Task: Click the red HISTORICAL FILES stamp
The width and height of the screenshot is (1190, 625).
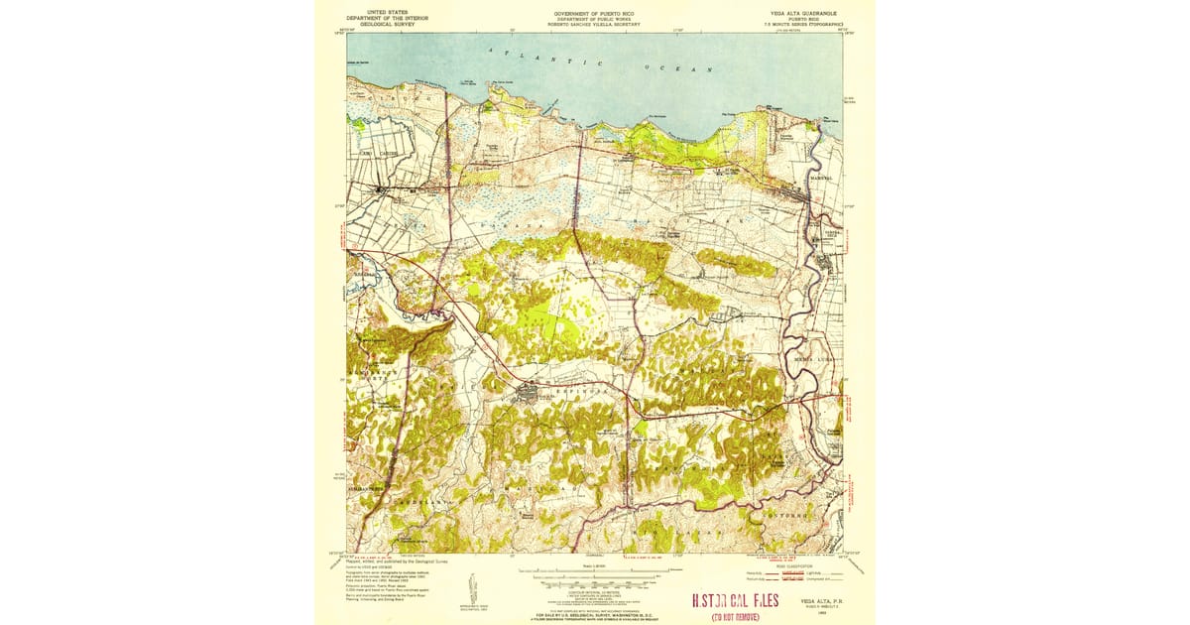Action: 735,601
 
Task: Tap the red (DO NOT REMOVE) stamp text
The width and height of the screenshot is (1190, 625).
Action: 736,616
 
